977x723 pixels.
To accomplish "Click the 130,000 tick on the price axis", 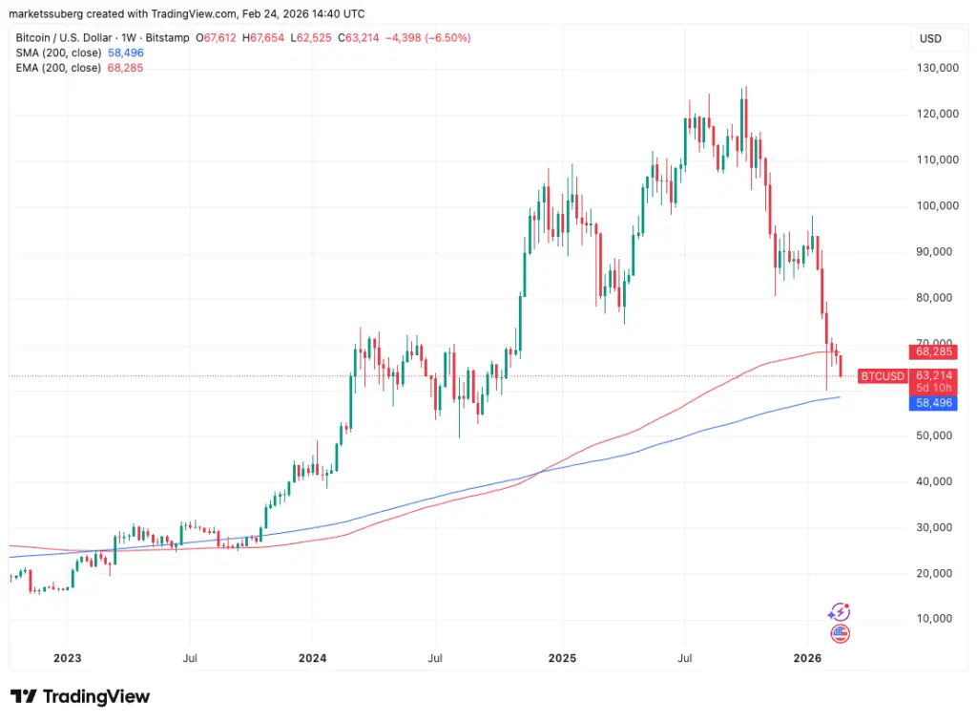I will coord(935,68).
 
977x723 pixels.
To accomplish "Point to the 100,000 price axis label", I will coord(935,205).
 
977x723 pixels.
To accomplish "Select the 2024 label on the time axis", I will coord(312,658).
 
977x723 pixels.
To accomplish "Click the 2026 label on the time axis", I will coord(808,658).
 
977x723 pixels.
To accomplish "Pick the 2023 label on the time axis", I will coord(67,658).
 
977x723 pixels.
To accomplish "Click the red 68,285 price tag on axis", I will coord(935,351).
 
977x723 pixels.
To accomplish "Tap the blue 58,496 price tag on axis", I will coord(935,403).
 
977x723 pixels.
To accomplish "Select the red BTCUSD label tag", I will coord(882,376).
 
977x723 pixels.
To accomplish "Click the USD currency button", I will coord(930,39).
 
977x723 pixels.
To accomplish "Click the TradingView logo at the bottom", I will coord(80,696).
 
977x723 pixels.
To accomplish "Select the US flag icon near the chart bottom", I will coord(840,633).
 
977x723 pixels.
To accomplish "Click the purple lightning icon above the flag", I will coord(840,612).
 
